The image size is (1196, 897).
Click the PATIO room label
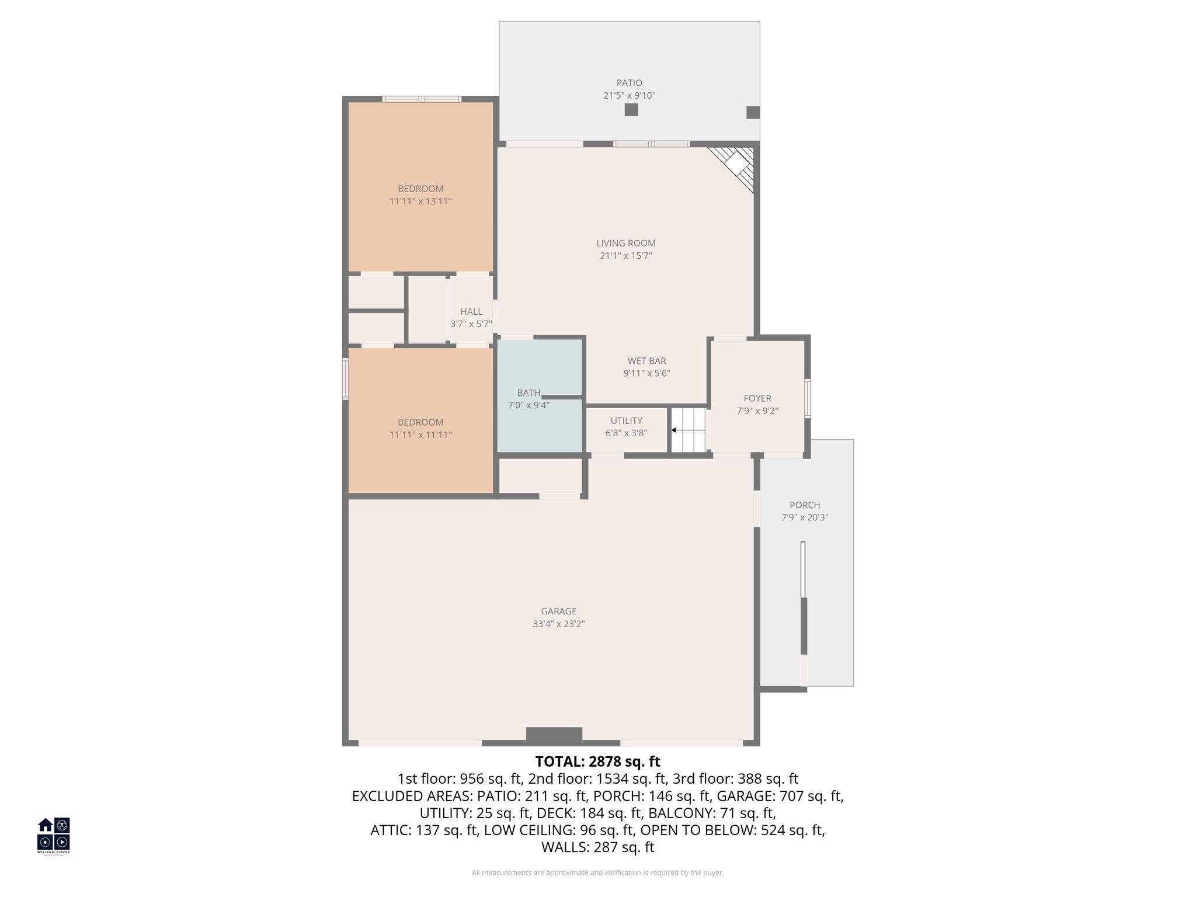[x=629, y=83]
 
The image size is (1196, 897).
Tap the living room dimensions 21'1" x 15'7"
[x=625, y=256]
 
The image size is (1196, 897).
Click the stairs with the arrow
[x=687, y=430]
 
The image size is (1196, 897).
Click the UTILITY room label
[x=626, y=420]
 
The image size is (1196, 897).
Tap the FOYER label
[x=757, y=398]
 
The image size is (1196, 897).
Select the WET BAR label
[x=646, y=361]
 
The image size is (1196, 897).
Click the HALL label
[x=471, y=312]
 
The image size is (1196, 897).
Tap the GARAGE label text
[x=558, y=611]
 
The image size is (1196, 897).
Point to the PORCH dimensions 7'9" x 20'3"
[x=805, y=517]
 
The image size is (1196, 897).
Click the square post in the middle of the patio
[x=631, y=110]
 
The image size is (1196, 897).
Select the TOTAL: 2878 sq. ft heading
[x=597, y=762]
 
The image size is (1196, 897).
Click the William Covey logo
[x=54, y=835]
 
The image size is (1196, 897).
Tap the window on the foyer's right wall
[x=808, y=398]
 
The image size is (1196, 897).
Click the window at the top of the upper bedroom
[x=422, y=99]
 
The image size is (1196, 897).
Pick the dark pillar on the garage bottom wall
[x=554, y=735]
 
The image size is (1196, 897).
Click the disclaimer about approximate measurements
[x=597, y=873]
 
